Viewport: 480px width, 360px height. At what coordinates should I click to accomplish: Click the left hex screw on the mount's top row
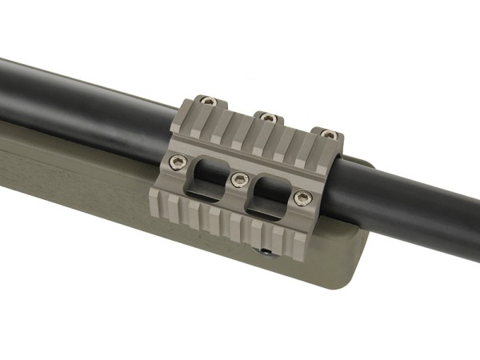pos(206,102)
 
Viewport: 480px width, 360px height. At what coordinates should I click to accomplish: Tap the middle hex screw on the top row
pos(268,117)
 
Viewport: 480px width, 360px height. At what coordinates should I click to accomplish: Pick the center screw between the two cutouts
pos(238,180)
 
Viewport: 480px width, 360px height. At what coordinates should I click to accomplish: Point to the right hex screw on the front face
pos(301,198)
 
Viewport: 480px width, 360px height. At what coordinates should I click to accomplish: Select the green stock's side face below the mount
pos(160,240)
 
